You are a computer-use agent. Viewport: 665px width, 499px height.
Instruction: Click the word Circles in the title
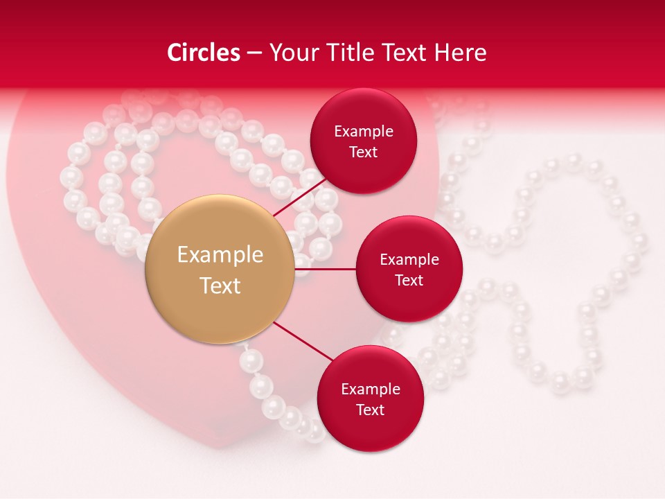coord(203,53)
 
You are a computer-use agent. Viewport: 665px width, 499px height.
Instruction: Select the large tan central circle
coord(220,229)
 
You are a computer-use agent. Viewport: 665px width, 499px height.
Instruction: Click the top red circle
coord(363,111)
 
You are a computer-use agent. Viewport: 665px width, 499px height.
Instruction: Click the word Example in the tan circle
coord(220,255)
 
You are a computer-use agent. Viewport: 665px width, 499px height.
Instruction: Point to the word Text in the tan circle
coord(220,286)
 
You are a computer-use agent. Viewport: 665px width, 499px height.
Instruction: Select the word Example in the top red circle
coord(363,131)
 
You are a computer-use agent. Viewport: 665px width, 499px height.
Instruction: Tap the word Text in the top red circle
coord(363,152)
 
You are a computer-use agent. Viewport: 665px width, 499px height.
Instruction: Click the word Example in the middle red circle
coord(409,259)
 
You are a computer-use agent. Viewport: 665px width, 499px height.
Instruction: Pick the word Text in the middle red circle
coord(409,280)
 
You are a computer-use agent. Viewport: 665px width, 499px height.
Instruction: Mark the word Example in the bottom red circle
coord(370,389)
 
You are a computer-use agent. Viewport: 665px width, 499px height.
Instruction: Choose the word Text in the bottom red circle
coord(370,410)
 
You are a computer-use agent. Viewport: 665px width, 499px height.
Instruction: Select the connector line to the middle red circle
coord(325,269)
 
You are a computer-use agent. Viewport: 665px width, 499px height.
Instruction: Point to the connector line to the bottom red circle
coord(303,341)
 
